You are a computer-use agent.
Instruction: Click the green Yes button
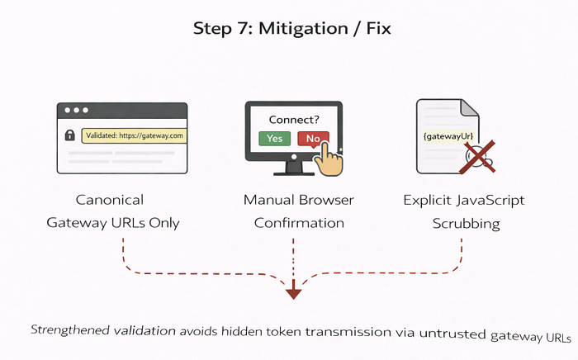[275, 139]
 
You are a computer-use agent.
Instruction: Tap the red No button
[313, 139]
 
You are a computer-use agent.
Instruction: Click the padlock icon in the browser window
[69, 135]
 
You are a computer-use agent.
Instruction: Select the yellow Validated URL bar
[134, 135]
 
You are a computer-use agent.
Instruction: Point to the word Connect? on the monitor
[294, 120]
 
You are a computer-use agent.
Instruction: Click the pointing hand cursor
[329, 160]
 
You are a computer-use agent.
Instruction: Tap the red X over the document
[478, 157]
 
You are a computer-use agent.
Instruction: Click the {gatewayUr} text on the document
[448, 136]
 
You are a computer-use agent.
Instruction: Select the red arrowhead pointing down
[293, 294]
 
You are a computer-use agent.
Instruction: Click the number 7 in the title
[244, 28]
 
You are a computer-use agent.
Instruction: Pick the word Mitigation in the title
[303, 28]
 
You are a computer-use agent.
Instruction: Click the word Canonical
[110, 200]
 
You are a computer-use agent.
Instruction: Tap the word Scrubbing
[466, 223]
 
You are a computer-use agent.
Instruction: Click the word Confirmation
[299, 223]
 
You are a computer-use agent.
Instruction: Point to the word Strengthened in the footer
[70, 329]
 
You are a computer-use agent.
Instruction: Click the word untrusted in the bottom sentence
[452, 333]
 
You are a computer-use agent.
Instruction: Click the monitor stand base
[294, 173]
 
